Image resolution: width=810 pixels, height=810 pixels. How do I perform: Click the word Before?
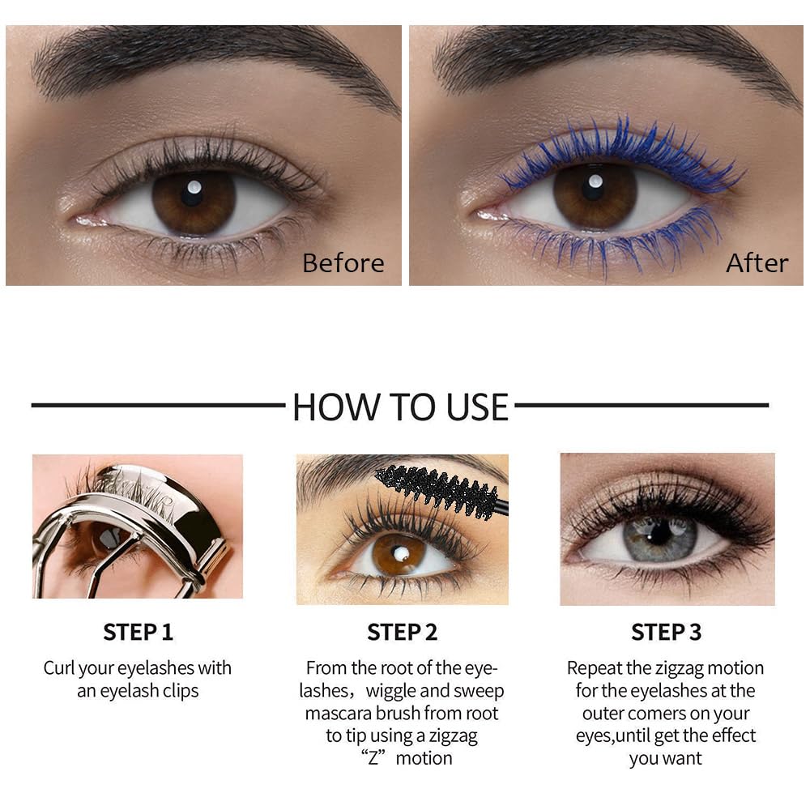343,263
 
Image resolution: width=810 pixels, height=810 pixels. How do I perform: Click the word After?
757,263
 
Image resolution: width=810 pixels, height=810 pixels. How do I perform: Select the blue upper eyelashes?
624,146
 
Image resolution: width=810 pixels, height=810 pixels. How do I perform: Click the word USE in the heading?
472,407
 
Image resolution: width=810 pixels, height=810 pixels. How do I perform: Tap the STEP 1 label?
138,633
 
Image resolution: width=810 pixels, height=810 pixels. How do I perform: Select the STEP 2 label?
402,633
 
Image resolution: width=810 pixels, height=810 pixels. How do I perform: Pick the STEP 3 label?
666,633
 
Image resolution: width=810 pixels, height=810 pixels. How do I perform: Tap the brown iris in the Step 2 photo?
400,552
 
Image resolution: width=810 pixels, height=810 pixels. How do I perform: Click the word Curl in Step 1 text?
60,668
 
